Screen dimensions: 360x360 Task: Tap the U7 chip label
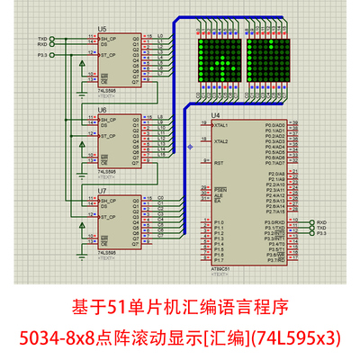coord(103,191)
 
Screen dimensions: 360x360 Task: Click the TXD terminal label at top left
coord(41,39)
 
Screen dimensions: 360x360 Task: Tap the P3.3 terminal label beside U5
coord(41,56)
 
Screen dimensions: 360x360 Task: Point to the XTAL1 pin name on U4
coord(220,125)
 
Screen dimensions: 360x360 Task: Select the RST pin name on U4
coord(218,163)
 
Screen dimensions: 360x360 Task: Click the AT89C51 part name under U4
coord(221,269)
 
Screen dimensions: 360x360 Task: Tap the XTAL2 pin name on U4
coord(220,142)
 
